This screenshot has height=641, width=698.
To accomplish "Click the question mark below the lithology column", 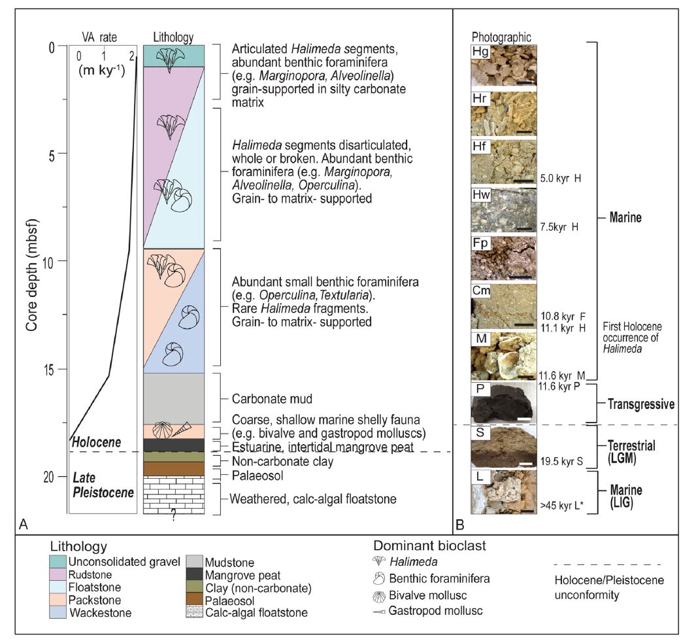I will [x=174, y=517].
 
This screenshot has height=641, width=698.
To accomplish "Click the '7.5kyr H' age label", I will [x=561, y=227].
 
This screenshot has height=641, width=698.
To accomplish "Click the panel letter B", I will [x=460, y=523].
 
